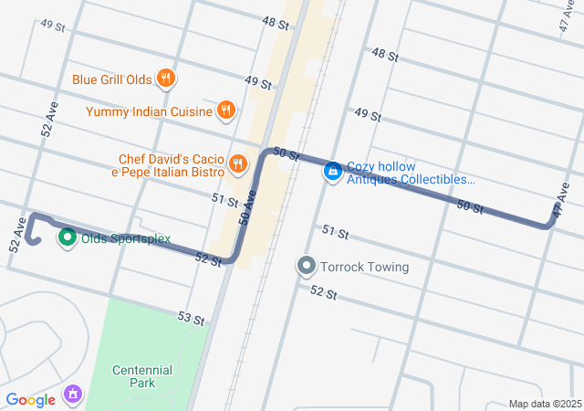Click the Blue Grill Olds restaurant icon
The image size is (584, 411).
[x=165, y=79]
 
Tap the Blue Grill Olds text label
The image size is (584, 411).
[x=111, y=79]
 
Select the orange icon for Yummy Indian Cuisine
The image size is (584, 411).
[x=226, y=111]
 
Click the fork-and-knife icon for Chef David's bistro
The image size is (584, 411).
[x=237, y=163]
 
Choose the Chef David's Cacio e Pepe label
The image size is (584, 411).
[x=172, y=164]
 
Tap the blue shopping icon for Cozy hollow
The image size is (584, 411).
[x=333, y=171]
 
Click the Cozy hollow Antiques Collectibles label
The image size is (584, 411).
[x=411, y=173]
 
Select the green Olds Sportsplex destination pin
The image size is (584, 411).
[x=67, y=238]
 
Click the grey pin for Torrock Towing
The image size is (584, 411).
[x=306, y=267]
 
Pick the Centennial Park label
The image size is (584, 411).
[x=142, y=376]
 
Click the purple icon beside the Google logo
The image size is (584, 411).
[x=71, y=395]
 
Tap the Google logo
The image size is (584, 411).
[x=30, y=399]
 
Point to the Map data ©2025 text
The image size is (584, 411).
[x=544, y=404]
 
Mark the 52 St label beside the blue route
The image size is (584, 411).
[x=209, y=259]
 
